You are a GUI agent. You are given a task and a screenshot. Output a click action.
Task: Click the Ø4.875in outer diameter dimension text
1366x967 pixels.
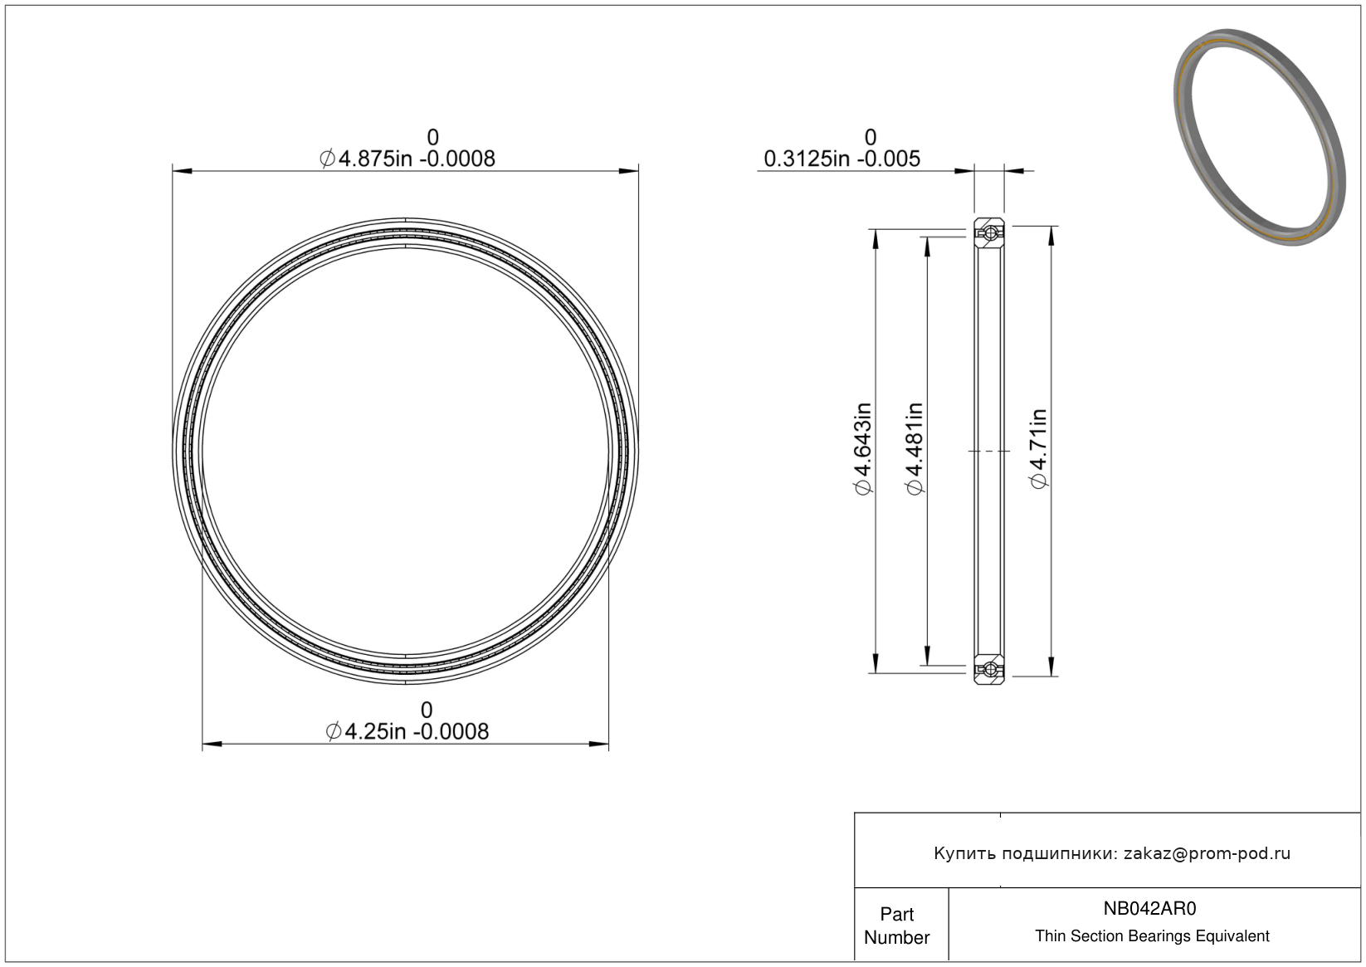click(x=407, y=159)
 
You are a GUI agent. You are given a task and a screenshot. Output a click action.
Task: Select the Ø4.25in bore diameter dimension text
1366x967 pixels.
click(x=407, y=731)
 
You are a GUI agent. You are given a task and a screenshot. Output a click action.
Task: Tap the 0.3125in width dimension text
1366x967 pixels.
click(x=842, y=159)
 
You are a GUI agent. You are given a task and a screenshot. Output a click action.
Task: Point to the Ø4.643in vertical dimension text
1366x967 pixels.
click(x=864, y=448)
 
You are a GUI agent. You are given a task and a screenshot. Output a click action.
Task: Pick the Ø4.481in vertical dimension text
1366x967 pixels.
click(x=915, y=448)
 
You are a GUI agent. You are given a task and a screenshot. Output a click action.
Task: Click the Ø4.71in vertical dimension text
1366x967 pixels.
click(x=1038, y=448)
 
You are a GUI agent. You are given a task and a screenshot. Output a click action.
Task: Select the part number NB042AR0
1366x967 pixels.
click(x=1150, y=908)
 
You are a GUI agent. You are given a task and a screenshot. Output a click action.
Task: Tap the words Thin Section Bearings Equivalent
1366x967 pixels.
click(x=1152, y=936)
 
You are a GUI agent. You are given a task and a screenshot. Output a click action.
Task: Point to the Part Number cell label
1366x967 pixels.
click(x=897, y=925)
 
